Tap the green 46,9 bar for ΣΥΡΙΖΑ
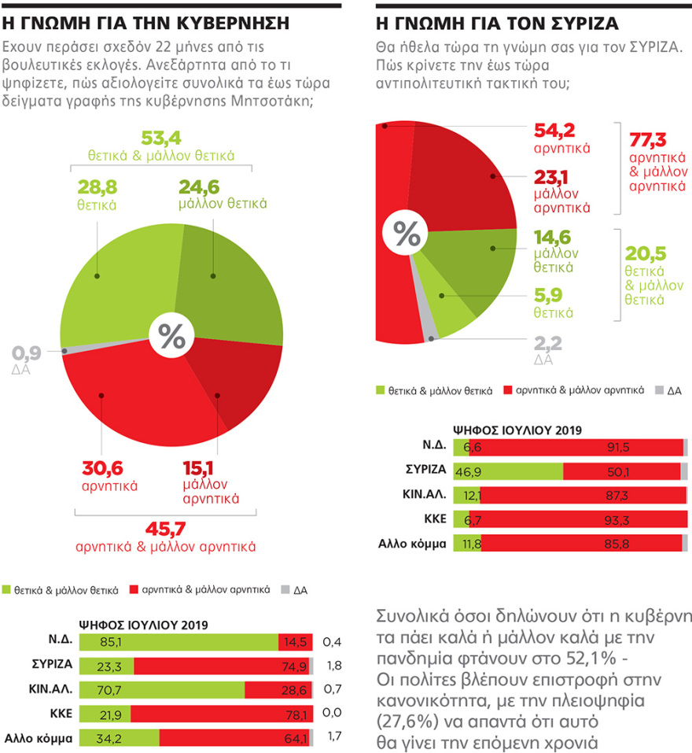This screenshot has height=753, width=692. click(x=508, y=471)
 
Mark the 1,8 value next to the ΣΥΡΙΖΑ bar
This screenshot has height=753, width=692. click(x=333, y=666)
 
